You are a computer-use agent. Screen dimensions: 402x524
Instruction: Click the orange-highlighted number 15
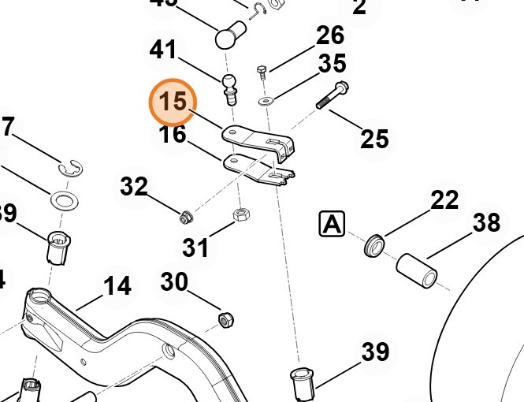pos(173,103)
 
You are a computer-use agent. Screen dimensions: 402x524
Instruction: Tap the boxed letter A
pos(332,225)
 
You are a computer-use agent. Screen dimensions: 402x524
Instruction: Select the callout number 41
pos(165,50)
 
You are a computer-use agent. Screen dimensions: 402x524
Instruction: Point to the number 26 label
pos(330,35)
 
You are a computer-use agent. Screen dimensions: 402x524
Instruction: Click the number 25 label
pos(374,140)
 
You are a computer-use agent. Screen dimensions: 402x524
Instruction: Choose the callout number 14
pos(117,285)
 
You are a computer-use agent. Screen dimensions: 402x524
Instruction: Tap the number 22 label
pos(444,199)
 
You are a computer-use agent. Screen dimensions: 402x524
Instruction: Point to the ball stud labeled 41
pos(229,86)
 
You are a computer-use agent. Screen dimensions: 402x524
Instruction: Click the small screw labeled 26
pos(262,73)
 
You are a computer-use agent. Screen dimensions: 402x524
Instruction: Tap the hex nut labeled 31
pos(242,214)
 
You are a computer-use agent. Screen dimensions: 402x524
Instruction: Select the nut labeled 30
pos(225,319)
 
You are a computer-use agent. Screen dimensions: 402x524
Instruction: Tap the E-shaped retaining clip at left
pos(71,168)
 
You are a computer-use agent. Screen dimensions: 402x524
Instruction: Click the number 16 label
pos(173,135)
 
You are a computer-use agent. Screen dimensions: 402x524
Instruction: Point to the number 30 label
pos(175,281)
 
